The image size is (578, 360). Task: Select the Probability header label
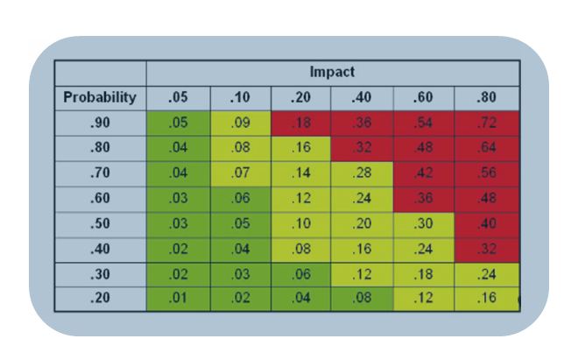point(100,97)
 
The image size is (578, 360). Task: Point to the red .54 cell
point(426,124)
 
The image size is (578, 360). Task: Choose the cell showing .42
point(426,173)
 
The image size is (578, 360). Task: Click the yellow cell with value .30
point(426,223)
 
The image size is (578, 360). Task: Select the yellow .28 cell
point(364,173)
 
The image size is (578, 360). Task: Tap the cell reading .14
point(302,173)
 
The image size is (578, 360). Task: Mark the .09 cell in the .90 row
point(241,124)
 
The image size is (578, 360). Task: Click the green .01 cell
point(178,298)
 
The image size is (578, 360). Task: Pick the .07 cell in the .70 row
point(241,173)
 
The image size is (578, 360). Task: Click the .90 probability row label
point(100,124)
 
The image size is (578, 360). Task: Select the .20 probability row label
point(100,298)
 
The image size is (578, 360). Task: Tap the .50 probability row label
point(100,223)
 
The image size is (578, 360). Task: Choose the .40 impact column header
point(364,97)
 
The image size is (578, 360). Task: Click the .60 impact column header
point(426,97)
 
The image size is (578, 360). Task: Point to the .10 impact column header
point(241,97)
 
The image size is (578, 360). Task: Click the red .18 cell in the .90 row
point(302,124)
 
